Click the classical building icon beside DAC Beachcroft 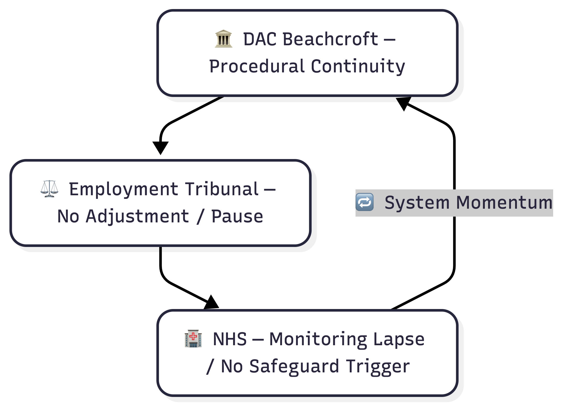click(224, 39)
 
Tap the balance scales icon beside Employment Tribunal click(49, 189)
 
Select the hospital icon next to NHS click(193, 339)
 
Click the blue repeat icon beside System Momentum click(365, 202)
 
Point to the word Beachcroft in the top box click(330, 39)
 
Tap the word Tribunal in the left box click(222, 189)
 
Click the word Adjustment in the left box click(137, 216)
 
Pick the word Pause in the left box click(237, 216)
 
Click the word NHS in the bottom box click(230, 339)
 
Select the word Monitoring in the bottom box click(318, 339)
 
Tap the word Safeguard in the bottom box click(294, 366)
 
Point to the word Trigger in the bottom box click(378, 366)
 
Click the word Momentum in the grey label click(504, 202)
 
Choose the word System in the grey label click(417, 202)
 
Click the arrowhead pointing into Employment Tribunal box click(160, 147)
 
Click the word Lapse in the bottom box click(399, 339)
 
